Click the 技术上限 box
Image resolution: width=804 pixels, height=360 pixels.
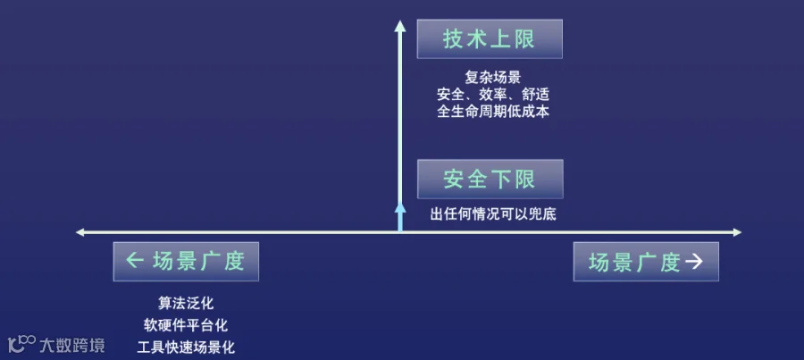(x=490, y=39)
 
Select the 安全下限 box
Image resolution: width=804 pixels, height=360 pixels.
(x=490, y=179)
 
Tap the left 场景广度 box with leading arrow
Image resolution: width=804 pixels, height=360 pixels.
(x=186, y=262)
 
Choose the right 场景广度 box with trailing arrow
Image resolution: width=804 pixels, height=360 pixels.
(x=646, y=262)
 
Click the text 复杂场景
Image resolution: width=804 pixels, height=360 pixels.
(x=493, y=78)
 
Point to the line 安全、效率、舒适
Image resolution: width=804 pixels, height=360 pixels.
(x=493, y=95)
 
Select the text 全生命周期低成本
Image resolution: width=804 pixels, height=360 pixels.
(x=493, y=112)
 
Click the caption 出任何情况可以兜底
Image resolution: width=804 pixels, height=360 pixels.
(x=493, y=214)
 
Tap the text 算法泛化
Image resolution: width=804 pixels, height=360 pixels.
(x=186, y=303)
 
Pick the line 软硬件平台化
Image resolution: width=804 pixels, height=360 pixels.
(x=186, y=325)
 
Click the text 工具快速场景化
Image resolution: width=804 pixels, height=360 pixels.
(x=186, y=347)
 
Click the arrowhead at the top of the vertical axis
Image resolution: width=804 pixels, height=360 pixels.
(x=400, y=26)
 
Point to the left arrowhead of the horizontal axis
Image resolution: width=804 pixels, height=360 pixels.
(x=80, y=232)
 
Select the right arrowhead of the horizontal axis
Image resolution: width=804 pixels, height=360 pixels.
(x=737, y=232)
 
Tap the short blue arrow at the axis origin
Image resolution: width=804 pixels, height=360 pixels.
(x=400, y=217)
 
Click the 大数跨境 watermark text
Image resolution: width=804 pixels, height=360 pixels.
(x=72, y=345)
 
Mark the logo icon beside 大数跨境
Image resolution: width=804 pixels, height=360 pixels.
(x=22, y=344)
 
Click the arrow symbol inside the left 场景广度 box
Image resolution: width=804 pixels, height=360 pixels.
(x=134, y=262)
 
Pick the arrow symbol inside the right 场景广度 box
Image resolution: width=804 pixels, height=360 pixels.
(x=694, y=262)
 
